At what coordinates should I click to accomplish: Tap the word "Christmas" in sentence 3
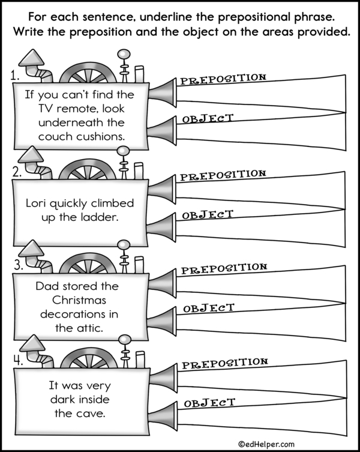click(x=79, y=300)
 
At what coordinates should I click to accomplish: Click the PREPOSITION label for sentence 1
click(x=223, y=79)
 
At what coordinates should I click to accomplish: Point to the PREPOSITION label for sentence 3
click(x=224, y=268)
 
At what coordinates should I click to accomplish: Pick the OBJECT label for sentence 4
click(x=209, y=402)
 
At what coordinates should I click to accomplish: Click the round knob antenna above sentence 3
click(x=125, y=245)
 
